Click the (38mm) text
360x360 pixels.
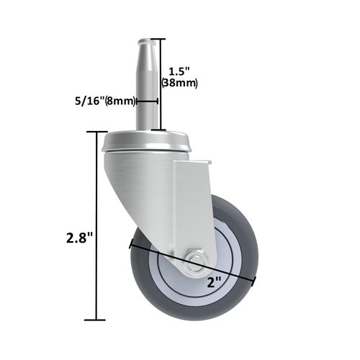click(180, 84)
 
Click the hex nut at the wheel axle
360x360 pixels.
click(194, 258)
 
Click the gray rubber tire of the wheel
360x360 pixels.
click(244, 238)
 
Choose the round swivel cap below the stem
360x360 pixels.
click(148, 141)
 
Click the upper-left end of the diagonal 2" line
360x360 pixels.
click(130, 243)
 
